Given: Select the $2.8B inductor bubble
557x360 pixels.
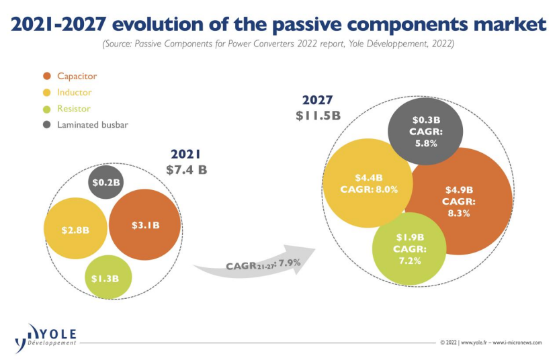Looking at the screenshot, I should coord(75,230).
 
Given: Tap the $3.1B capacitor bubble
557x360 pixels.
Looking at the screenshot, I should coord(144,225).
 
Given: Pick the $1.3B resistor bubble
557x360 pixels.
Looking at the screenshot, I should coord(108,277).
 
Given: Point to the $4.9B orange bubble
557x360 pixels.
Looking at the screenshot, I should coord(459,201).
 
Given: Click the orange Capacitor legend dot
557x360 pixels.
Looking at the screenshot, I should coord(46,76).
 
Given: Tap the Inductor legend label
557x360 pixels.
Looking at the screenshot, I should coord(74,92).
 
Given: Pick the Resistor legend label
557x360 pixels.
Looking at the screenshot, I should coord(73,108).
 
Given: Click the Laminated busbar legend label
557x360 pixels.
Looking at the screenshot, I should coord(92,124).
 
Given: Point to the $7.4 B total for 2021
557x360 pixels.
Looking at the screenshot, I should coord(186,169).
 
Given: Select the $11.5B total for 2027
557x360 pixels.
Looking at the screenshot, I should coord(318,115).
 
